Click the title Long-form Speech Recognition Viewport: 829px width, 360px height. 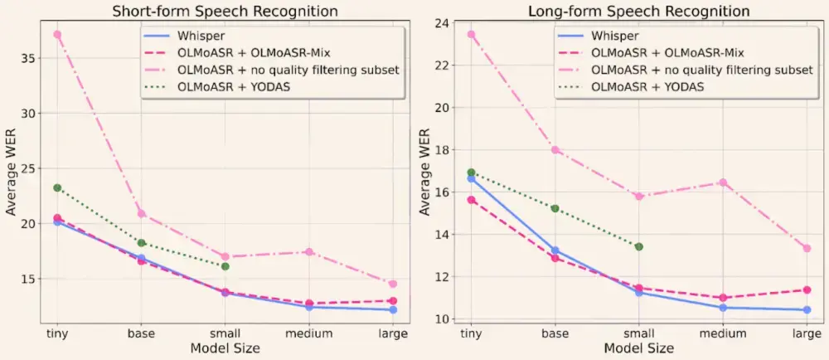click(x=638, y=11)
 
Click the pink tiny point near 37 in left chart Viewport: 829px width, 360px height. click(x=57, y=35)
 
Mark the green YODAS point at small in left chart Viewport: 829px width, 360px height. click(x=225, y=266)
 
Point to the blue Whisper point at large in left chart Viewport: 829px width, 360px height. click(x=393, y=309)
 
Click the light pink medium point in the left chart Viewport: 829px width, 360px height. click(x=309, y=251)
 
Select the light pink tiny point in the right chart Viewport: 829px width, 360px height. click(x=471, y=35)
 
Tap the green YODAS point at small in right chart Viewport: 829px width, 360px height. click(x=638, y=246)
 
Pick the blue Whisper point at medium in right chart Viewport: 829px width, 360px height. click(x=723, y=308)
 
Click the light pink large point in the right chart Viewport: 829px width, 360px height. click(x=807, y=248)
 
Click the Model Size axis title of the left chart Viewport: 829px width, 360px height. click(x=225, y=349)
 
